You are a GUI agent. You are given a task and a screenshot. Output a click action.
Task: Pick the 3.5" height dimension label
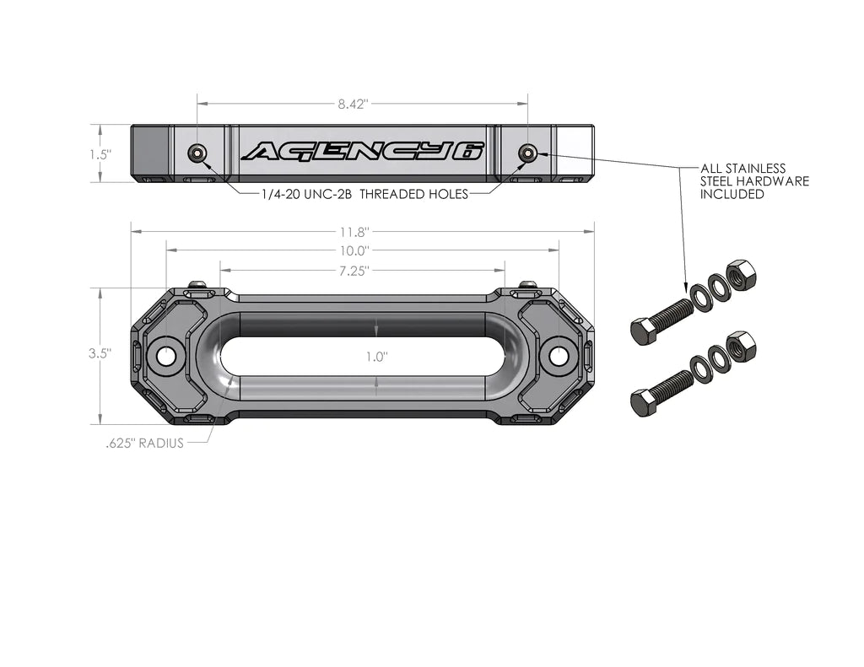tap(100, 354)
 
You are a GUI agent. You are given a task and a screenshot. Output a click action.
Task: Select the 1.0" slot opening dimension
tap(376, 356)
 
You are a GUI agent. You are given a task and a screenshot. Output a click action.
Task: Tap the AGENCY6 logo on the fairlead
tap(363, 151)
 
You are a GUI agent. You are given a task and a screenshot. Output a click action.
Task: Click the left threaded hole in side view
tap(197, 153)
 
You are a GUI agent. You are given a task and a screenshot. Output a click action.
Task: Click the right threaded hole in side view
tap(527, 153)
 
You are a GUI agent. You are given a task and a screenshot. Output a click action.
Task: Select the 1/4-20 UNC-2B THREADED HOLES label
tap(364, 193)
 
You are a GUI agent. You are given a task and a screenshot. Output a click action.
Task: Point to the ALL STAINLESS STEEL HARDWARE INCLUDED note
tap(754, 181)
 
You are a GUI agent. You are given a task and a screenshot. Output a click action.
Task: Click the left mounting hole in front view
tap(166, 356)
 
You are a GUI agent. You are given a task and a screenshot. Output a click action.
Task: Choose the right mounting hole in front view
tap(559, 356)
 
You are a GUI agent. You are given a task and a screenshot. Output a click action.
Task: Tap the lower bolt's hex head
tap(644, 402)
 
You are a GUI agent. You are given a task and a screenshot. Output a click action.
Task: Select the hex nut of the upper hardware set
tap(741, 275)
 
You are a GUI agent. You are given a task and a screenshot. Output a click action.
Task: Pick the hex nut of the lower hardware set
tap(741, 346)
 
